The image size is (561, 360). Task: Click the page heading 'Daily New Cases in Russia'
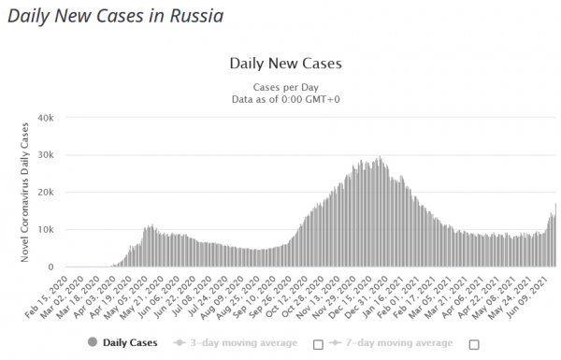coord(116,17)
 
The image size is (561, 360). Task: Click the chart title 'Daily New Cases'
coord(285,64)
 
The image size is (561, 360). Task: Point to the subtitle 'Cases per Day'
coord(285,87)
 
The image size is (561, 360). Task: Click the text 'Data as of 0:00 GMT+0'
coord(285,99)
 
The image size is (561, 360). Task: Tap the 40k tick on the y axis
coord(46,118)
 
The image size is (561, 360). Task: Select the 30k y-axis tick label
coord(46,155)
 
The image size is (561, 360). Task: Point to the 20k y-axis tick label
coord(46,193)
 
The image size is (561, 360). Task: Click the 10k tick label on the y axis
coord(46,229)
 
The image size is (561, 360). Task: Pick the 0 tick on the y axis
coord(50,266)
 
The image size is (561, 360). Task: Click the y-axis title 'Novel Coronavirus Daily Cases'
coord(24,193)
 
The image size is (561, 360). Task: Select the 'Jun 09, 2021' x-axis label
coord(528,297)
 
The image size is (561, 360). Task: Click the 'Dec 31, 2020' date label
coord(367,297)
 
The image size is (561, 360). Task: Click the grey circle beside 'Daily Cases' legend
coord(93,342)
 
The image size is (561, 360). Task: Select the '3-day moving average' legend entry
coord(235,343)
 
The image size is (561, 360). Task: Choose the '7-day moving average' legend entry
coord(391,343)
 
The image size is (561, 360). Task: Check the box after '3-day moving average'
coord(318,345)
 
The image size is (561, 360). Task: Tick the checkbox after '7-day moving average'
coord(474,345)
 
